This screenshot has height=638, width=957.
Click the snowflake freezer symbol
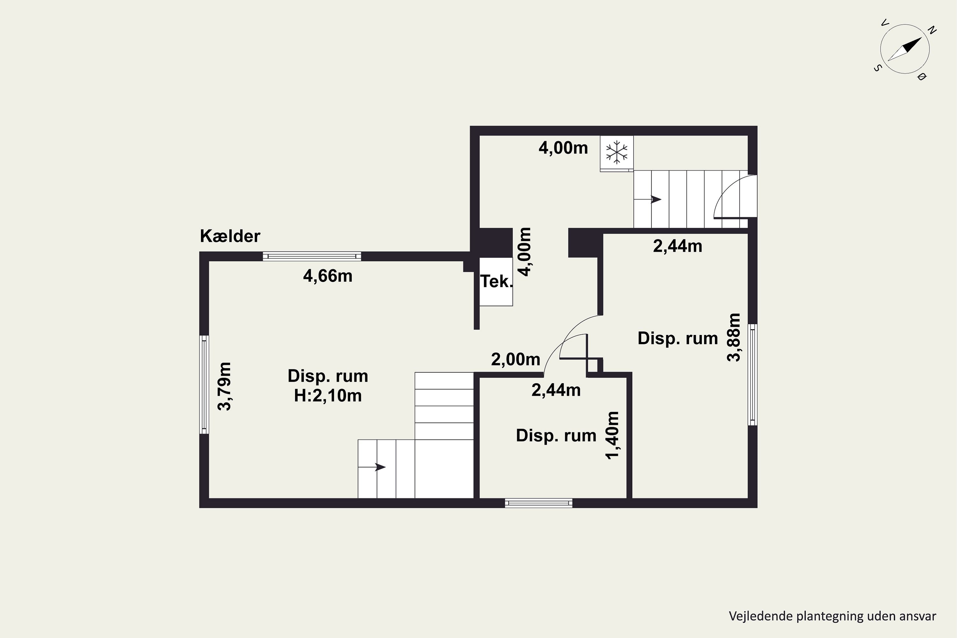click(x=616, y=152)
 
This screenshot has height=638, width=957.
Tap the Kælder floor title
click(x=230, y=236)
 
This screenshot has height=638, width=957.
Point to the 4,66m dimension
click(x=328, y=276)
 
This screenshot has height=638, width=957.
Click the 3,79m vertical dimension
click(x=225, y=386)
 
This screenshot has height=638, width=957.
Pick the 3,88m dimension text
click(x=734, y=337)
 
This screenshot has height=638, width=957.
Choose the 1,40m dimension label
click(x=612, y=435)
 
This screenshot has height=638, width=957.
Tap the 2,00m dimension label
click(x=516, y=359)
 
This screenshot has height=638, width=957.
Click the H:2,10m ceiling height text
click(x=328, y=396)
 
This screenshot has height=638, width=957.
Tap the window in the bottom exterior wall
click(x=538, y=503)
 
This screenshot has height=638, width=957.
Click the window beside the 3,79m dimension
click(x=204, y=384)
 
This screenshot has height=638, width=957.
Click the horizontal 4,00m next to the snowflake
click(x=563, y=148)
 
